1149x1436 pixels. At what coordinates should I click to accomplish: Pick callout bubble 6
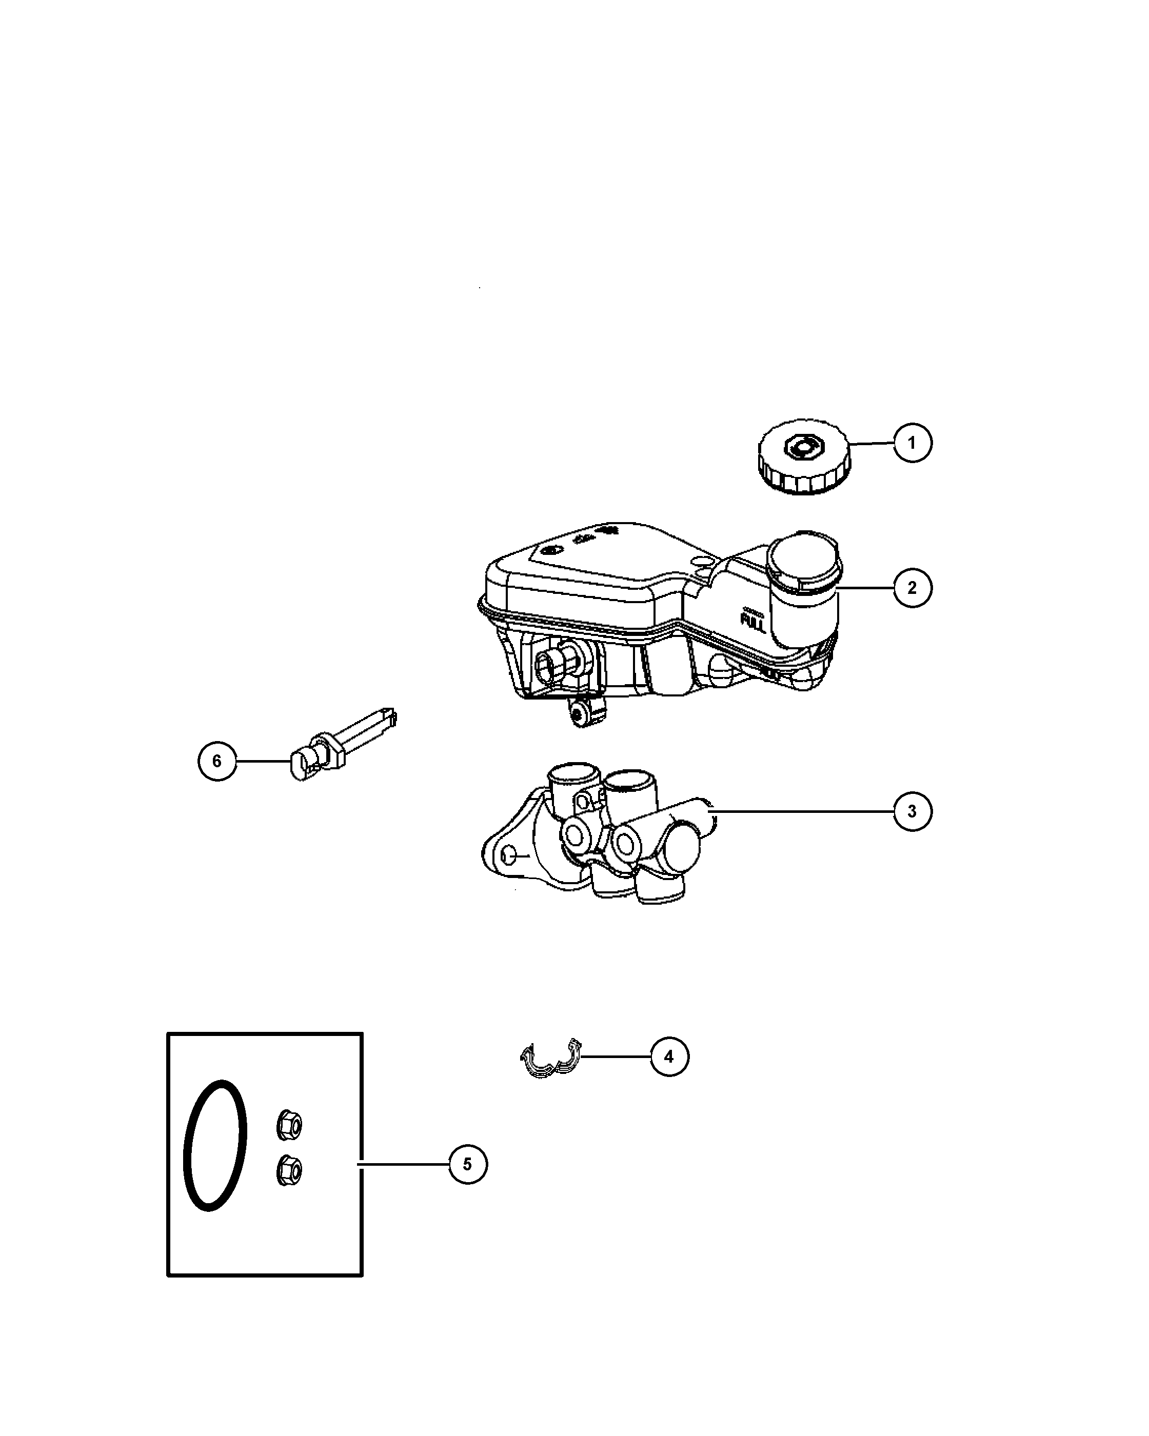[217, 761]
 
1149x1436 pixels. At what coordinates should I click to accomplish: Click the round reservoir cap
[804, 457]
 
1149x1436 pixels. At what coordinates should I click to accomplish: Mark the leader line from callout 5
[404, 1164]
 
